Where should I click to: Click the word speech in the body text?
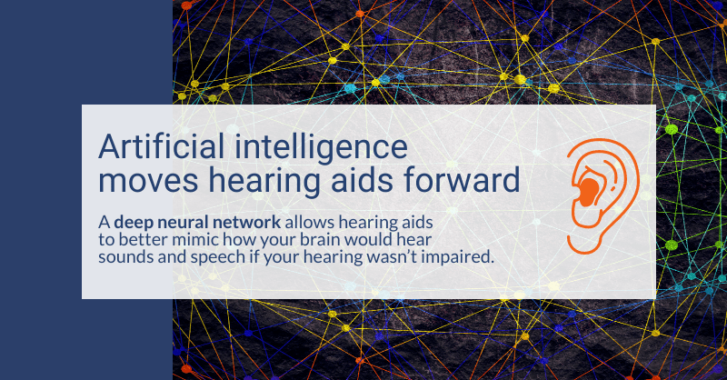[x=202, y=257]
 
